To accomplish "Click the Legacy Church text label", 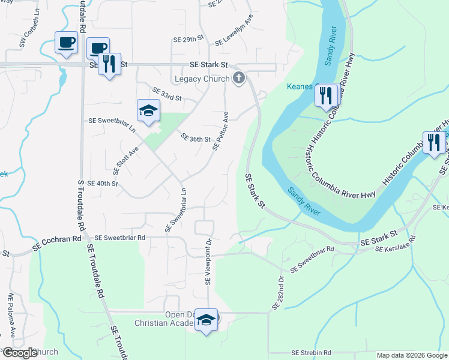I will (x=202, y=79).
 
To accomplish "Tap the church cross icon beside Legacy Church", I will (x=239, y=78).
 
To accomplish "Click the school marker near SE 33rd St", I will (x=148, y=110).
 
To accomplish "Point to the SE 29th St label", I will (x=188, y=39).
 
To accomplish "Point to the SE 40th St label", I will (x=103, y=183).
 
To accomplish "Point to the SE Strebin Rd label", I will (x=311, y=353).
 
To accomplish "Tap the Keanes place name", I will (x=300, y=86).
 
